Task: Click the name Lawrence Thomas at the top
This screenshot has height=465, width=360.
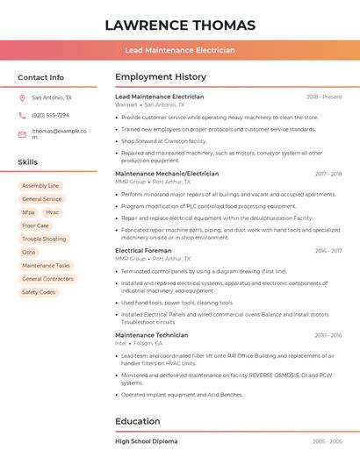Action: (180, 25)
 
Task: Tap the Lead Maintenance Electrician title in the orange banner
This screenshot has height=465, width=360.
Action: (180, 50)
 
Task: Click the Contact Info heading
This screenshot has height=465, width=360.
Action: (41, 77)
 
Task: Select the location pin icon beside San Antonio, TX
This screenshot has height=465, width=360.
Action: (22, 97)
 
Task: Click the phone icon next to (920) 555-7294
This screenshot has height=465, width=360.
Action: (22, 115)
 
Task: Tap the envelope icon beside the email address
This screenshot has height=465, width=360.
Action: (22, 134)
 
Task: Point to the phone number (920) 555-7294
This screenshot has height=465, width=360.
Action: (50, 115)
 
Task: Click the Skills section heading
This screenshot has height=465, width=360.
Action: (28, 162)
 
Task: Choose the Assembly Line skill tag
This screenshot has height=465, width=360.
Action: (40, 186)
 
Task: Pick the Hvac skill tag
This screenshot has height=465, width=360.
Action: (53, 212)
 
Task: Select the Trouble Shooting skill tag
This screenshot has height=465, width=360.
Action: (44, 239)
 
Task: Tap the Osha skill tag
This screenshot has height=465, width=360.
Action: (29, 252)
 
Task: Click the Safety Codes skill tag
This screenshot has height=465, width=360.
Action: (39, 292)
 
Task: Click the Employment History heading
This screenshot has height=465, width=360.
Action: (161, 77)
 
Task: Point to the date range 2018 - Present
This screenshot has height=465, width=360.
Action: (324, 97)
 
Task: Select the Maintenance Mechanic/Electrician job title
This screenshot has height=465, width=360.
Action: (167, 174)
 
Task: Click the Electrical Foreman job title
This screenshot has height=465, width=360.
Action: (143, 251)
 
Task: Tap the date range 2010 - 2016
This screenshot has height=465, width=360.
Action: (328, 335)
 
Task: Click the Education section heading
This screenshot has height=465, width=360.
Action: (137, 421)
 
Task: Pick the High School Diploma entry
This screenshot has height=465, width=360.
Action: (146, 441)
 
